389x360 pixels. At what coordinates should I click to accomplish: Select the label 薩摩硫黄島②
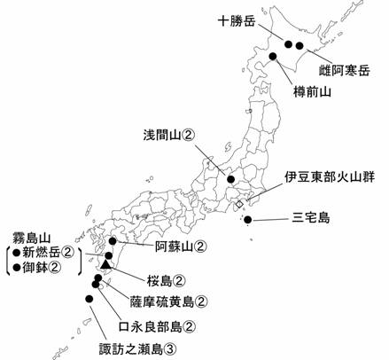pos(176,301)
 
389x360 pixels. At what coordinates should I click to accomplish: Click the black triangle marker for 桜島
pos(106,265)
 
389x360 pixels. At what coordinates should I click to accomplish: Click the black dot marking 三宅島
pos(249,219)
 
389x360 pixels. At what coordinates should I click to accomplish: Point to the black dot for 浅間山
pos(231,179)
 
